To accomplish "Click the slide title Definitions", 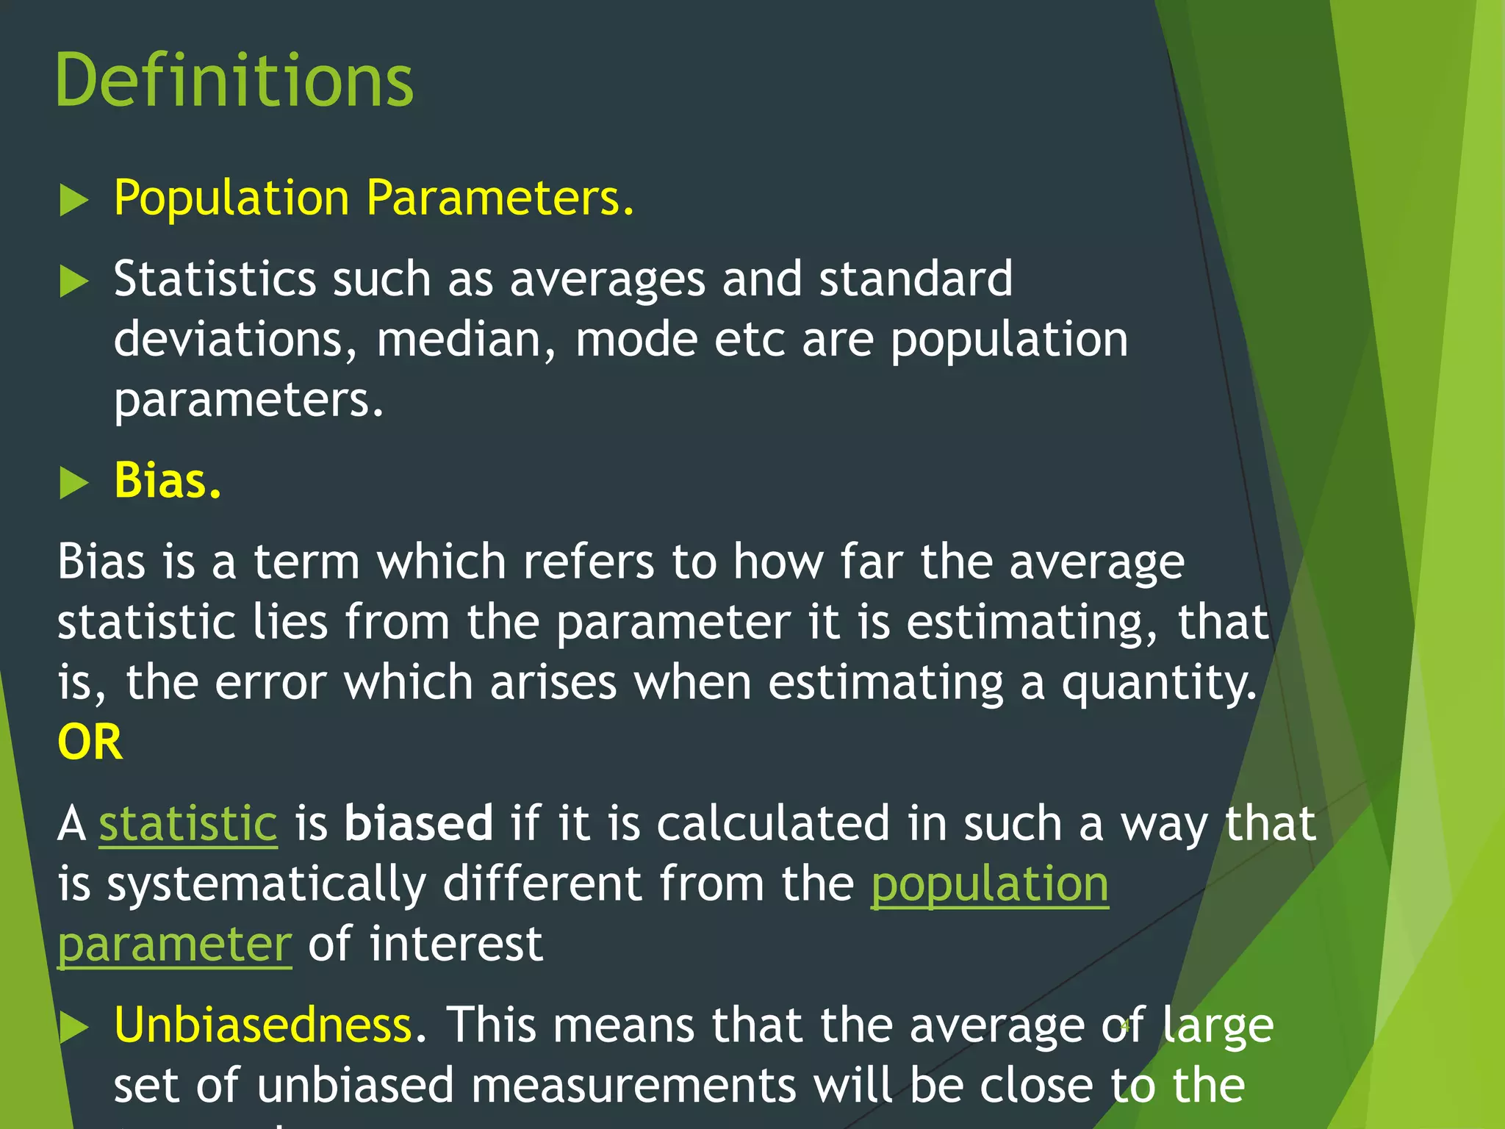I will point(234,81).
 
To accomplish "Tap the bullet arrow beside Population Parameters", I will point(73,200).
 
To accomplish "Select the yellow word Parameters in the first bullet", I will point(500,198).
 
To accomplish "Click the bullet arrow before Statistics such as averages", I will point(73,281).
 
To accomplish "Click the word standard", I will point(916,279).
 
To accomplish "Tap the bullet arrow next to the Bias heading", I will point(73,483).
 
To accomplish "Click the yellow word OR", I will point(90,742).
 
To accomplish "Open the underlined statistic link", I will point(188,823).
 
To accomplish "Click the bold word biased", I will point(419,823).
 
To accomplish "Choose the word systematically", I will point(267,884).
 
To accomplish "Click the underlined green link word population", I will point(989,884).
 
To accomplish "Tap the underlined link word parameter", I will point(175,945).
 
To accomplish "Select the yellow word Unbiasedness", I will point(263,1025).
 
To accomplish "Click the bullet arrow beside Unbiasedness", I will point(73,1027).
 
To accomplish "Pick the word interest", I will point(456,945).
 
